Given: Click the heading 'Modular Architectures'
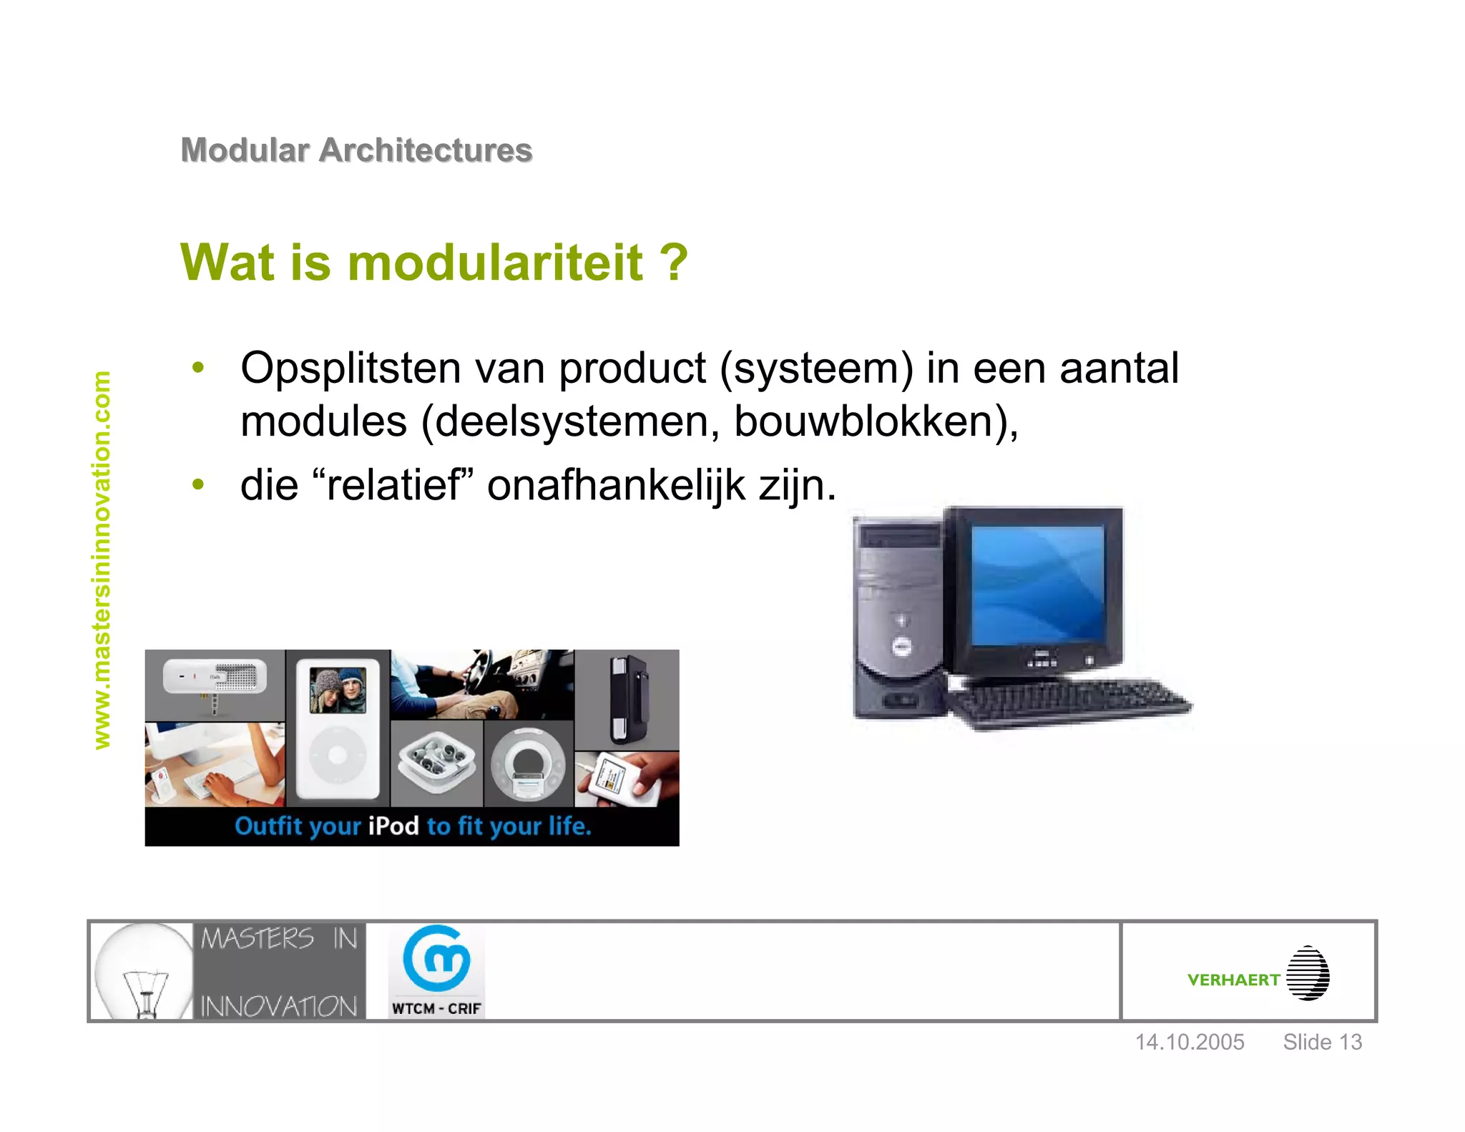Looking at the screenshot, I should point(356,150).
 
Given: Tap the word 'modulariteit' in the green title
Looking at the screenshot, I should point(495,263).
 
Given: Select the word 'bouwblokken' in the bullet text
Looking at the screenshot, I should point(868,421).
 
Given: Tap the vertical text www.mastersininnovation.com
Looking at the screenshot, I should point(102,560).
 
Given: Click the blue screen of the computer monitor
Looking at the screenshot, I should point(1037,585).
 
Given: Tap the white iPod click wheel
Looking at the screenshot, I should point(338,755).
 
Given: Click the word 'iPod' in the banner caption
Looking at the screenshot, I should point(393,826).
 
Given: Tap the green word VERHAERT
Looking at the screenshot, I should point(1233,980).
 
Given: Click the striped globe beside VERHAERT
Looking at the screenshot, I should point(1308,973).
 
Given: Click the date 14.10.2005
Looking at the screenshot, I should point(1190,1042).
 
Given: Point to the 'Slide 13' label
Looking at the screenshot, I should point(1322,1042).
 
